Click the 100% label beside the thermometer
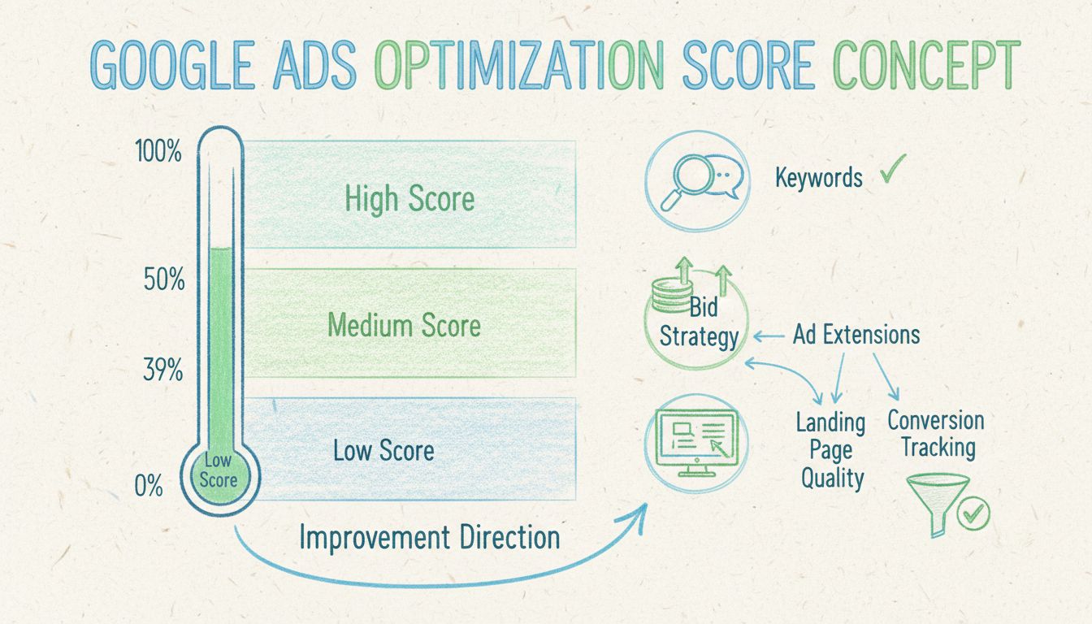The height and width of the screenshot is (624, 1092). (x=159, y=152)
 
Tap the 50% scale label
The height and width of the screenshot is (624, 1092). (x=163, y=279)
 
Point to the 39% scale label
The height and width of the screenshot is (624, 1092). (x=162, y=371)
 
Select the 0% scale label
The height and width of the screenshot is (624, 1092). (x=149, y=487)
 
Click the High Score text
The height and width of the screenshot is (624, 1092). (x=409, y=199)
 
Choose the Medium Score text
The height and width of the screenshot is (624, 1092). (x=404, y=326)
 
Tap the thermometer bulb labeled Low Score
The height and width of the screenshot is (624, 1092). (x=219, y=471)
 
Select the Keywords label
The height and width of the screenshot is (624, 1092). (x=818, y=177)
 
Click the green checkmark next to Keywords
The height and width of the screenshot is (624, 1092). (x=893, y=171)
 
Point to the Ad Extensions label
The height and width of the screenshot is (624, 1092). (x=856, y=335)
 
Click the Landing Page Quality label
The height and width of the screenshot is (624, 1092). (x=831, y=450)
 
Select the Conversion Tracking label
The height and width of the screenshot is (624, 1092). (x=935, y=434)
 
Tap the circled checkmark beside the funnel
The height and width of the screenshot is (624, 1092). (x=974, y=513)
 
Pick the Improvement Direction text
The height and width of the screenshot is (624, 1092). (x=429, y=537)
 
